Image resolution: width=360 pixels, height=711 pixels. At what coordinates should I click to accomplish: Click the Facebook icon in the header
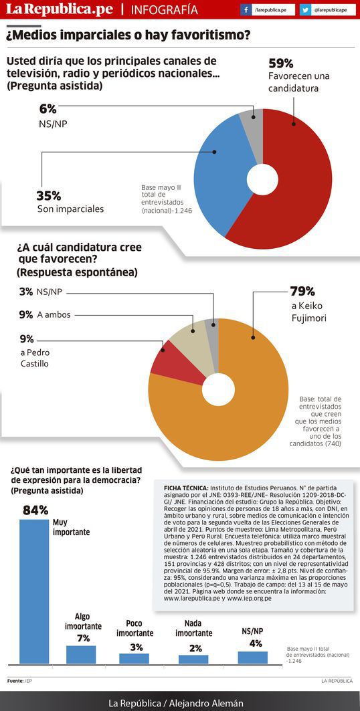246,9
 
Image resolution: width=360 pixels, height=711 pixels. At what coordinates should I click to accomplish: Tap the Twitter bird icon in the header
304,9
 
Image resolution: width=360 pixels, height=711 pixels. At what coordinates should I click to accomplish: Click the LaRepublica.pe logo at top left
59,10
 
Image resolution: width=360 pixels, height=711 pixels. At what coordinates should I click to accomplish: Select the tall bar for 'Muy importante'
34,591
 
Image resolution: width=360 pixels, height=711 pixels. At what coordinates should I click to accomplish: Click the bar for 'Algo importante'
81,654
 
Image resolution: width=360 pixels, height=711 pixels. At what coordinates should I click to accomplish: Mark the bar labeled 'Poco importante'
134,658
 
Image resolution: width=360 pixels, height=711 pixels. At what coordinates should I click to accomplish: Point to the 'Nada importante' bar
193,659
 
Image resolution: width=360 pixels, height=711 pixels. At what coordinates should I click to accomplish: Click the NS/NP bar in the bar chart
252,657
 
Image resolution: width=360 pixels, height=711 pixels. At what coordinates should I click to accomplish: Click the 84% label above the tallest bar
35,510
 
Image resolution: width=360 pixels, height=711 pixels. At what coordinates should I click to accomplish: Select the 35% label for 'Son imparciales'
49,196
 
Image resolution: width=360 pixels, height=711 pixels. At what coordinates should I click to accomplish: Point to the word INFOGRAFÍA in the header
164,10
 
